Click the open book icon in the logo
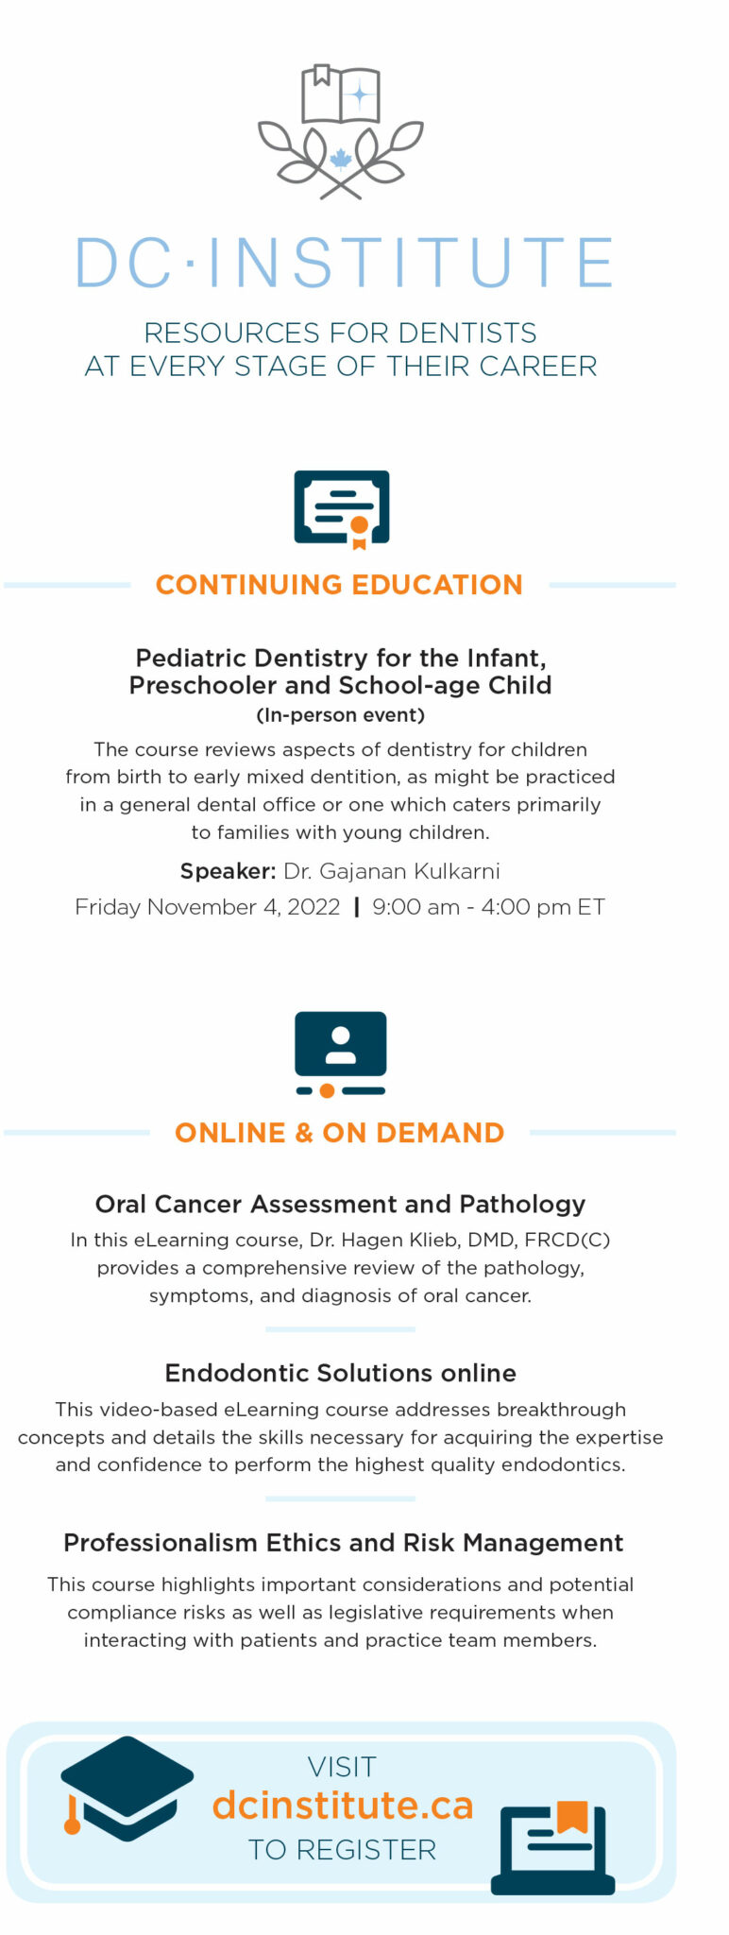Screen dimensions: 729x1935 340,94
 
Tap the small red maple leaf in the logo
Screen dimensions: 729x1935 340,158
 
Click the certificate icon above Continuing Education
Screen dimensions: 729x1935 341,508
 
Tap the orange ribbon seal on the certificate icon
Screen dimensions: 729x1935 359,531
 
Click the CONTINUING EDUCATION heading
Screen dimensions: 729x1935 339,585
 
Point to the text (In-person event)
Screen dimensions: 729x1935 340,714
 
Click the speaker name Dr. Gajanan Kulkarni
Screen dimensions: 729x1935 392,871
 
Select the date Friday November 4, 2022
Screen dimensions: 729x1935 208,907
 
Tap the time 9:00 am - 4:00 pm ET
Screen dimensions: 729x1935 488,907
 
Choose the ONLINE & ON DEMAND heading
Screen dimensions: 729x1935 339,1132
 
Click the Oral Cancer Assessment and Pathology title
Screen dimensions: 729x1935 340,1204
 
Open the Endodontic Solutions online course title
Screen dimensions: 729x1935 340,1373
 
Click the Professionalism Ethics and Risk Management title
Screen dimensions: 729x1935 343,1543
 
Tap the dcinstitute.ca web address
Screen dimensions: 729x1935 342,1805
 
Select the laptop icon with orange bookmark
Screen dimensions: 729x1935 553,1848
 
